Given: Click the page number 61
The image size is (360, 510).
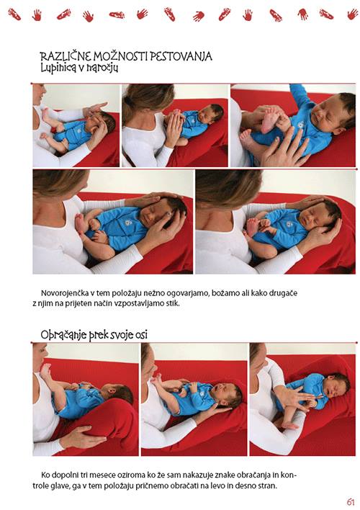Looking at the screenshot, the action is (350, 502).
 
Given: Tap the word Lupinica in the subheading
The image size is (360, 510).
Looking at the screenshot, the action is (57, 68).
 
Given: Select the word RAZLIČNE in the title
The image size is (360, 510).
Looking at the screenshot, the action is (66, 57).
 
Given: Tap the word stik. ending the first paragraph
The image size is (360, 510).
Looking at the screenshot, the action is (173, 304).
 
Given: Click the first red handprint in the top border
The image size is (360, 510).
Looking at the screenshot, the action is (14, 14).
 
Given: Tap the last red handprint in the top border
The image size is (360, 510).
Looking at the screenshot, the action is (353, 14).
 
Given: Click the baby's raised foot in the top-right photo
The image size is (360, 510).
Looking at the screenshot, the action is (269, 122).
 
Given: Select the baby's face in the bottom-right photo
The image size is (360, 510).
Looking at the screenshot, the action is (335, 387).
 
